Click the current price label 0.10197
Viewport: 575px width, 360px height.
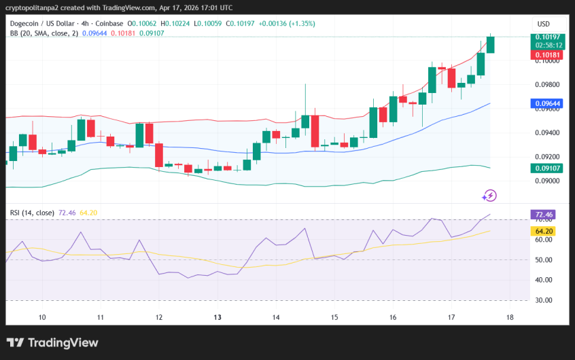(547, 37)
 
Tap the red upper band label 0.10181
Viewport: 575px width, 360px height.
(547, 54)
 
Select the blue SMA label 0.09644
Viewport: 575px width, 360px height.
(547, 104)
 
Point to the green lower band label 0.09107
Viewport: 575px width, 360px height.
(547, 167)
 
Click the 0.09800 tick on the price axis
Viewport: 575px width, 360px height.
(547, 85)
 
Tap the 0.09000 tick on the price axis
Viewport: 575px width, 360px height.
(547, 181)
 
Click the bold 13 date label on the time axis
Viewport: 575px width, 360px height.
(217, 317)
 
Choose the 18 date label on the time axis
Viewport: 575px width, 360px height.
(510, 317)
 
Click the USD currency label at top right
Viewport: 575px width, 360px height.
(544, 23)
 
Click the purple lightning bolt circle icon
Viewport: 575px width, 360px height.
(489, 196)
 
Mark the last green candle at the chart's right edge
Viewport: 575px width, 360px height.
(490, 43)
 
